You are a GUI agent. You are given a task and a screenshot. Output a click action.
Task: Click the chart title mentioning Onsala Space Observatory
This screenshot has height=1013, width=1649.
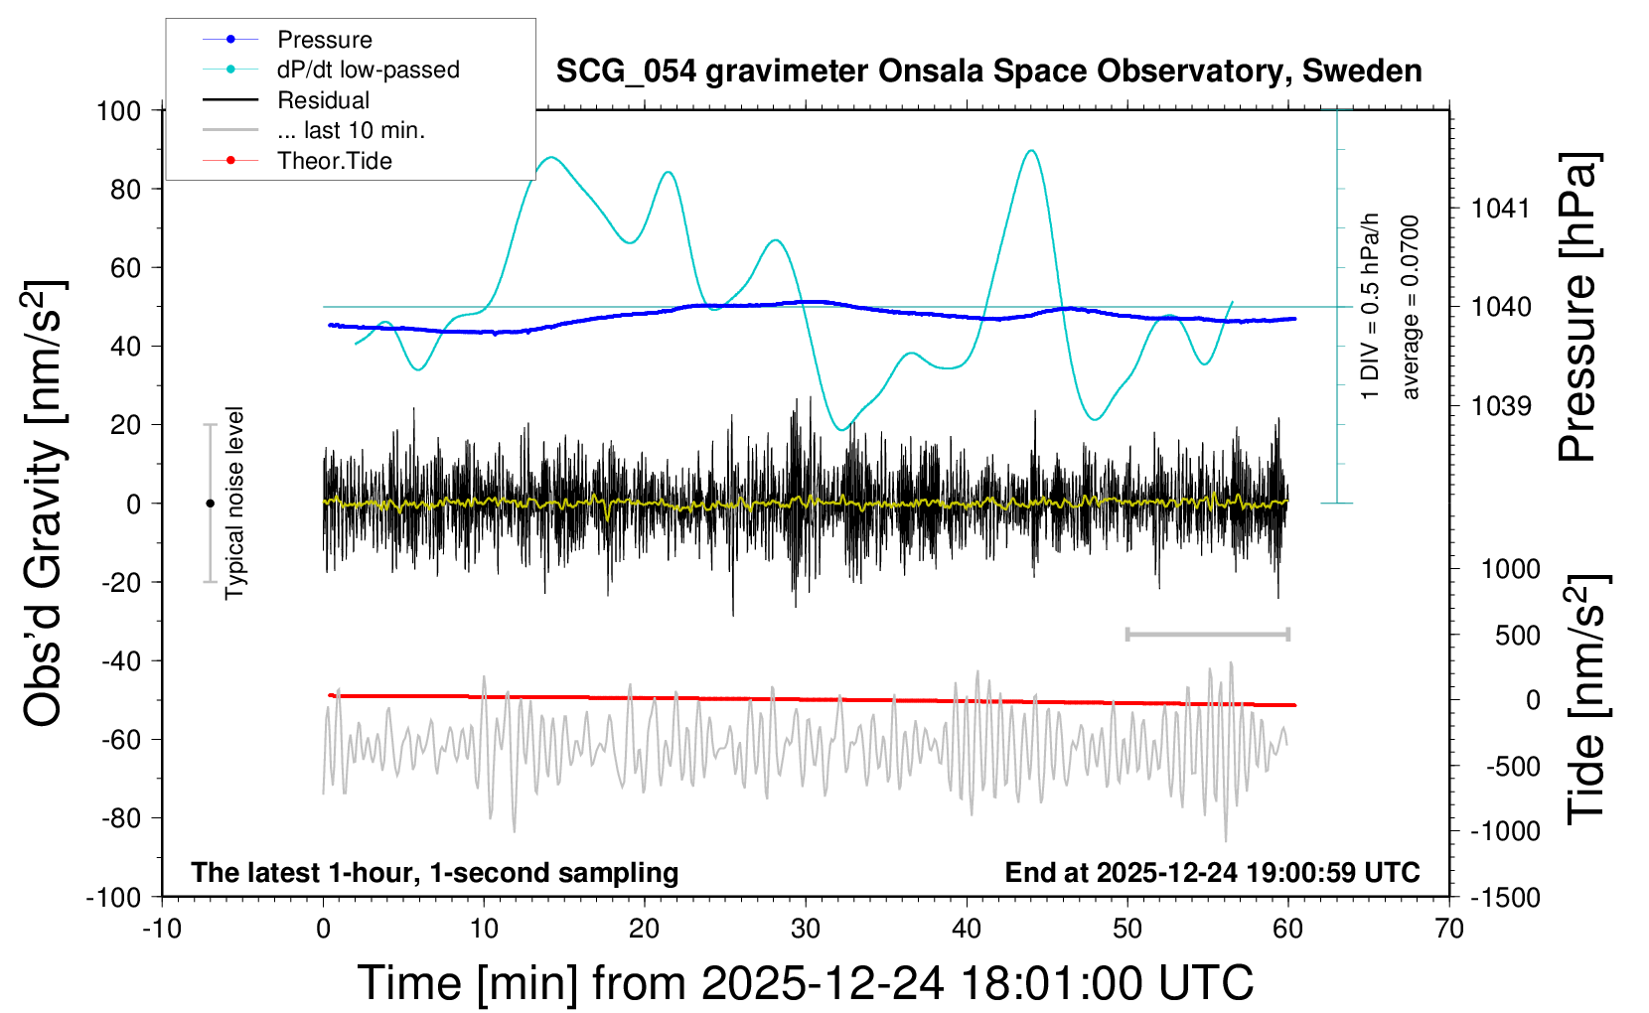(x=988, y=72)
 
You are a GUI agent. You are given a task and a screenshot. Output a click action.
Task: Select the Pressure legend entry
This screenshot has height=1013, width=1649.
(x=324, y=40)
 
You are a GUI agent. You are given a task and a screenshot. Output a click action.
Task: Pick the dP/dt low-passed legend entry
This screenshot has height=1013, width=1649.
(x=368, y=70)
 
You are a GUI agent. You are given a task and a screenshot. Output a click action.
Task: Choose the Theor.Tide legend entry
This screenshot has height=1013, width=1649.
(x=334, y=161)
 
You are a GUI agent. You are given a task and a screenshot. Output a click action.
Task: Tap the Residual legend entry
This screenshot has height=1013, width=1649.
(x=323, y=100)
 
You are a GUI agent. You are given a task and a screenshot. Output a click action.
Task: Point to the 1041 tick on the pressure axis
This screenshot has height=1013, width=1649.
(x=1501, y=209)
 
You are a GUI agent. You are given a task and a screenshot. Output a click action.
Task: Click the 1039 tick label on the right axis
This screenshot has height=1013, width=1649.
(x=1501, y=405)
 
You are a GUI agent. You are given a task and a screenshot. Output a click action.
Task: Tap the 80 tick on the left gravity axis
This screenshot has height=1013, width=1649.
(x=125, y=189)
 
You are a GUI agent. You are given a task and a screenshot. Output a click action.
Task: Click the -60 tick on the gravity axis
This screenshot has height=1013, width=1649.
(x=120, y=739)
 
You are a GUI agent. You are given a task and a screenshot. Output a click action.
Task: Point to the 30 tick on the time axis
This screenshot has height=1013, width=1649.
(x=806, y=930)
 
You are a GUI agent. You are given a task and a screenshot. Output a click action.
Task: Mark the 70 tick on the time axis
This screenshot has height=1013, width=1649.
(x=1449, y=930)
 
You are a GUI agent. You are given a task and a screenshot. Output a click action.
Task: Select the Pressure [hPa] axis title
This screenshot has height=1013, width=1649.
(x=1578, y=307)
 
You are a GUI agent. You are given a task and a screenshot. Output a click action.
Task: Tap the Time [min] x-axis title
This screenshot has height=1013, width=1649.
(x=805, y=983)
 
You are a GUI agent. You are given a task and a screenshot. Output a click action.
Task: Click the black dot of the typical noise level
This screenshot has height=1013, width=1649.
(x=210, y=504)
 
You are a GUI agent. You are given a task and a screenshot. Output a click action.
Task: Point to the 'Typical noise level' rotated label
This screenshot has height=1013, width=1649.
(x=234, y=504)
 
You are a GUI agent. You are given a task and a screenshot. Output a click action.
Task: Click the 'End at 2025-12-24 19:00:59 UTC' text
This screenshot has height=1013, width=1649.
(x=1212, y=872)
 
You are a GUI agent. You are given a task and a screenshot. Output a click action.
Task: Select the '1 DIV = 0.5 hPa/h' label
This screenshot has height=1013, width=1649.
(x=1371, y=306)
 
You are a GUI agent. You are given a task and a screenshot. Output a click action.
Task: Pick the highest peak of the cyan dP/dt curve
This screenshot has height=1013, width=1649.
(x=1032, y=151)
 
